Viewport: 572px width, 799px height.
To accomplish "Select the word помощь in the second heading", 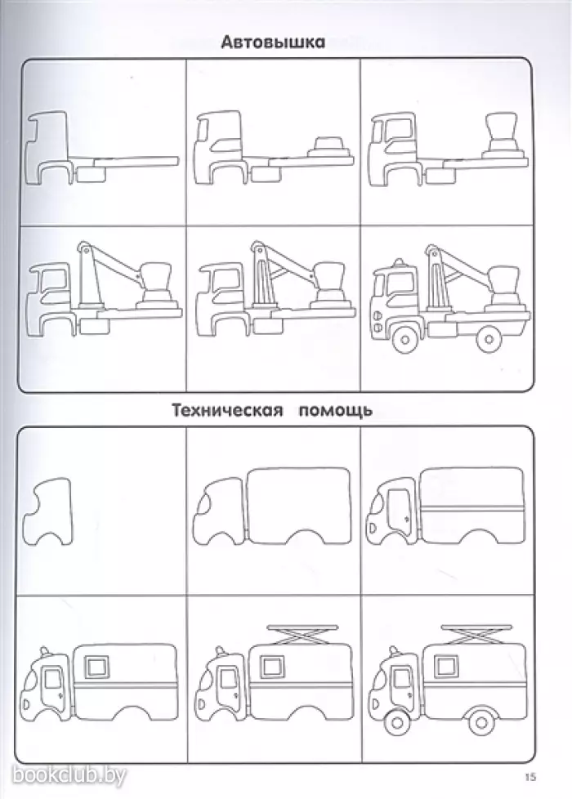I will tap(334, 410).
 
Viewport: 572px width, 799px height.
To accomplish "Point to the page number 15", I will tap(530, 776).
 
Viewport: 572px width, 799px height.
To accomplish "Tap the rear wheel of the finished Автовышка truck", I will tap(490, 336).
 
